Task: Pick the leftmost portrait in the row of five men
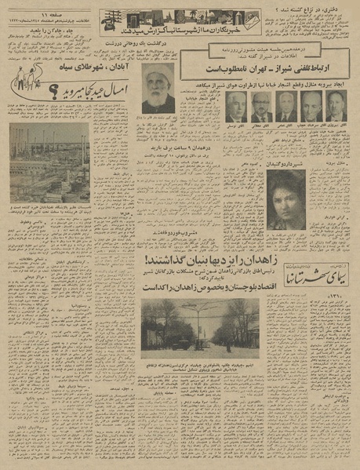[x=235, y=106]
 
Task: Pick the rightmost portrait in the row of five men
[x=336, y=106]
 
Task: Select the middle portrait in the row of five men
[x=285, y=106]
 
